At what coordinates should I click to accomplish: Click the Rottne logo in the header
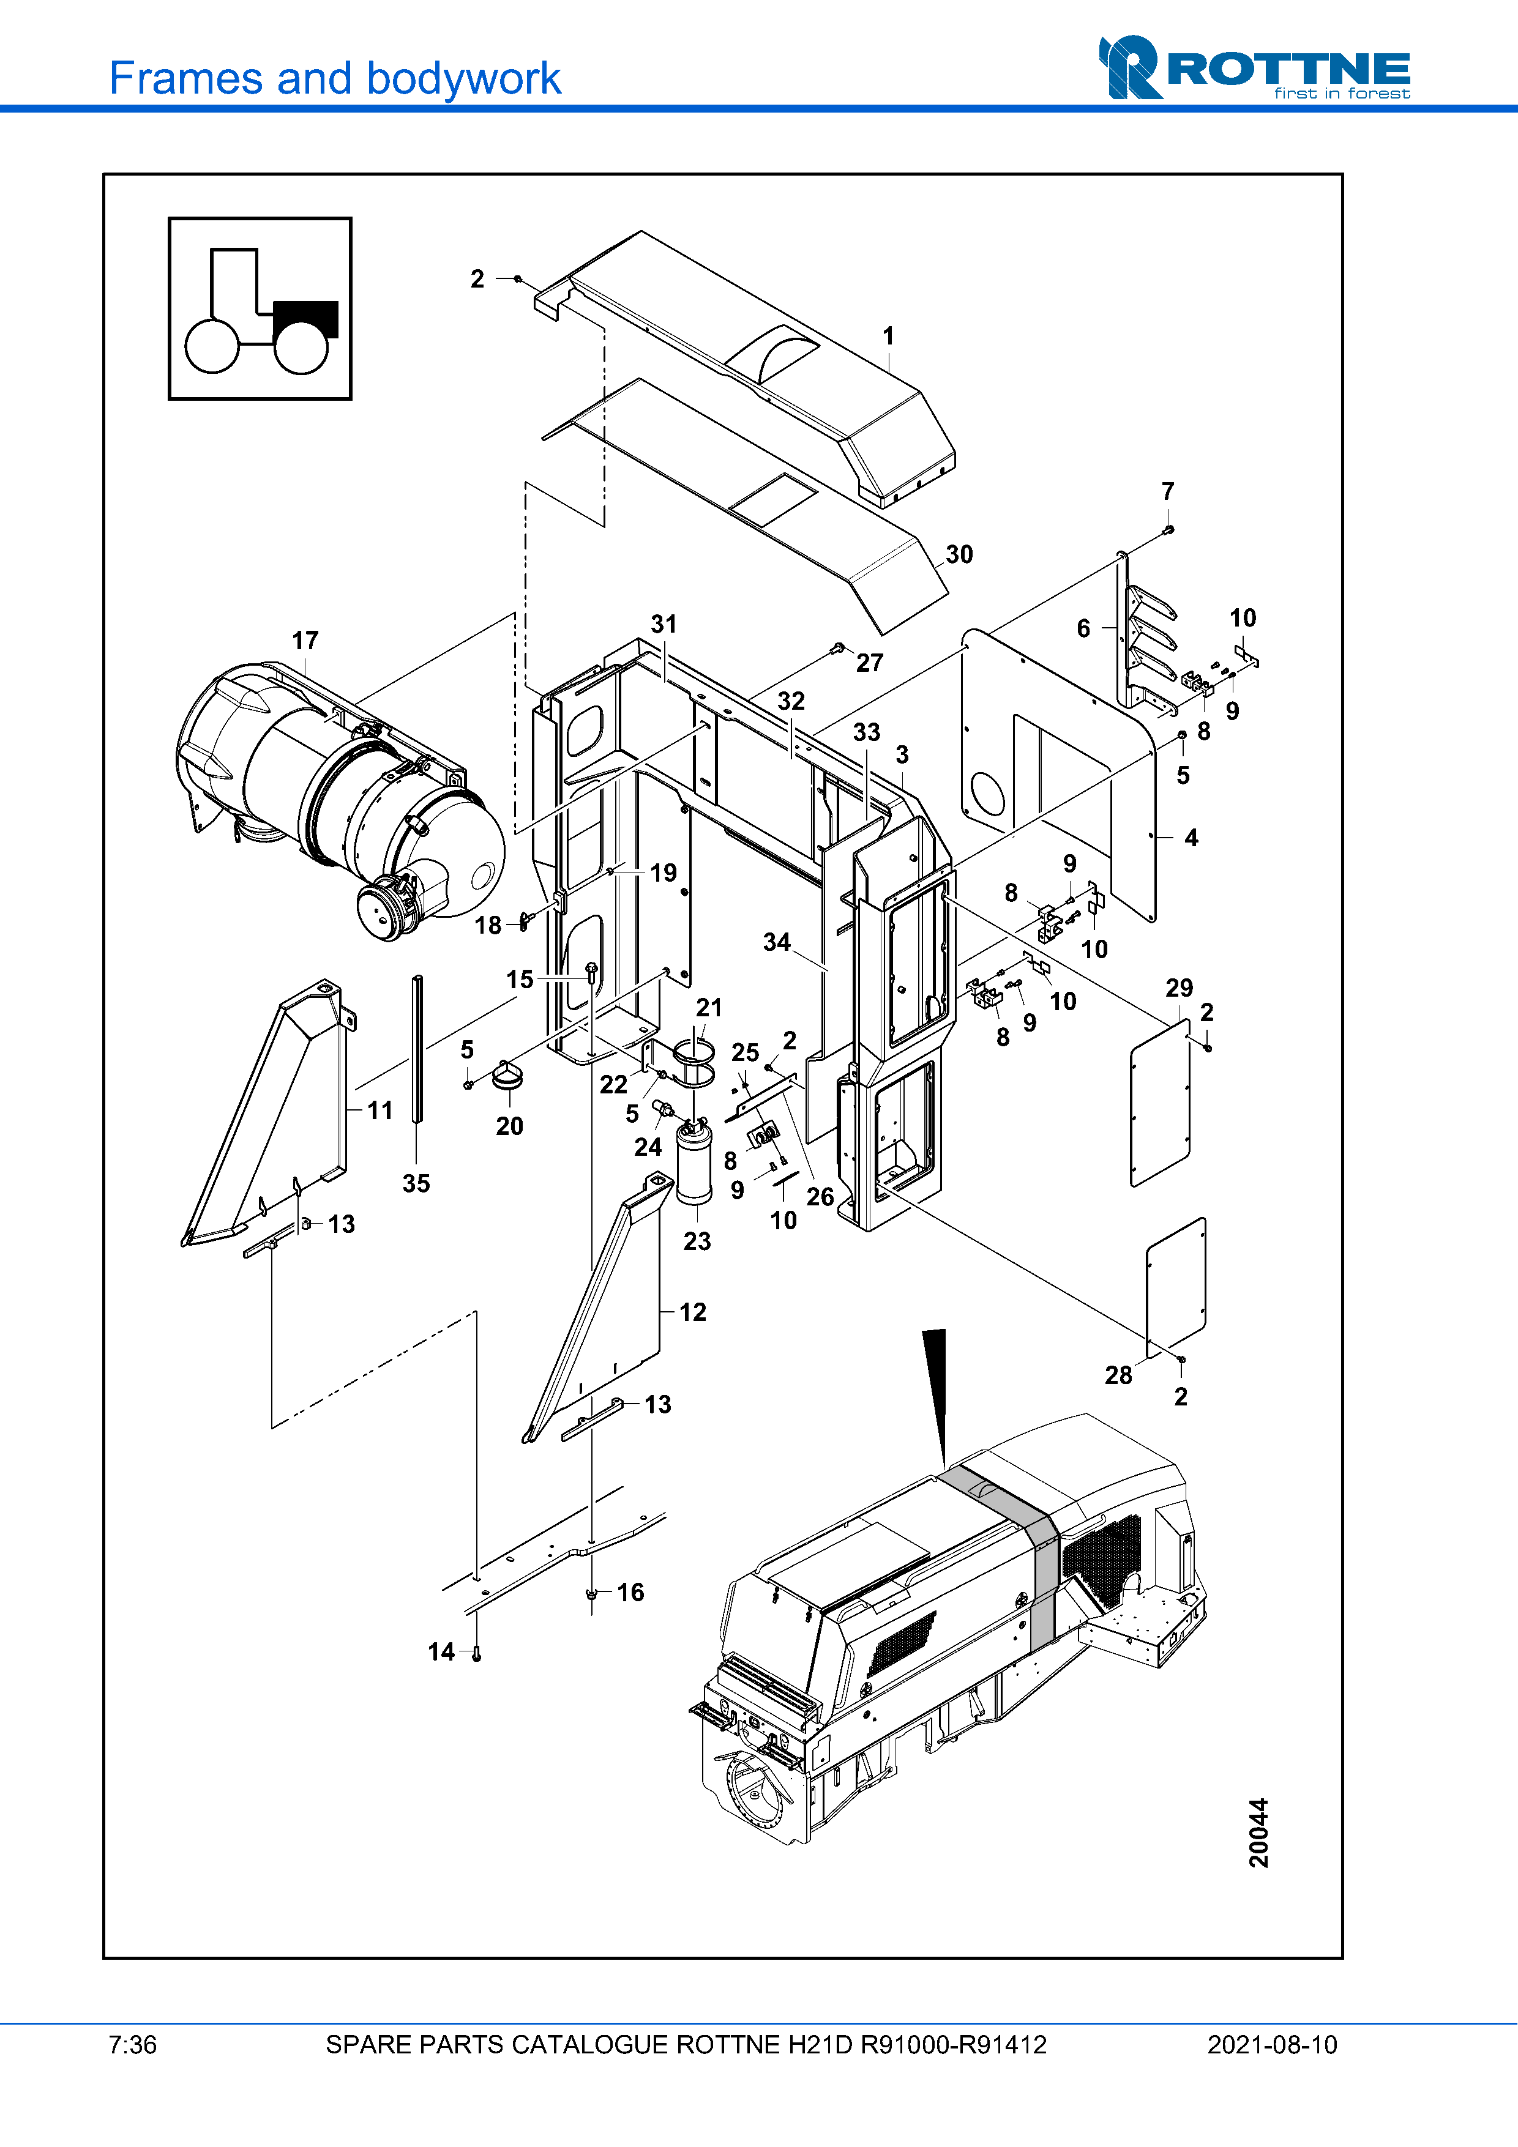[x=1254, y=67]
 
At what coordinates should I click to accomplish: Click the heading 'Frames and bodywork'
[x=335, y=78]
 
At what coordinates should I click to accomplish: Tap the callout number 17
[x=305, y=641]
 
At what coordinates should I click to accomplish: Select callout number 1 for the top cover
[x=889, y=336]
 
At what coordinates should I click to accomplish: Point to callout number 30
[x=959, y=554]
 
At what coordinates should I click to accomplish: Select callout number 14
[x=441, y=1653]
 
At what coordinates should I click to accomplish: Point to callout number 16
[x=630, y=1593]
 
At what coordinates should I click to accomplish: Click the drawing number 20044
[x=1259, y=1833]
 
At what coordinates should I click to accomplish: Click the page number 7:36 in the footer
[x=133, y=2045]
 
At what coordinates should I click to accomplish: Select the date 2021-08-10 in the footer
[x=1272, y=2045]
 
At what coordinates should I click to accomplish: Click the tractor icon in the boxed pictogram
[x=261, y=310]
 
